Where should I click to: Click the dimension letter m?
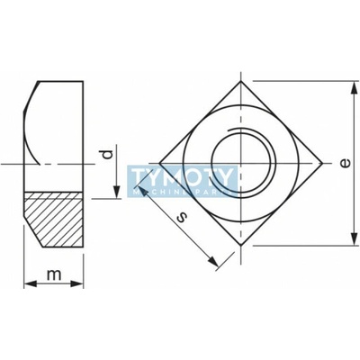pyautogui.click(x=54, y=274)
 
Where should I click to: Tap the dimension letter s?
pyautogui.click(x=181, y=217)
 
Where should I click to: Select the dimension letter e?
pyautogui.click(x=346, y=164)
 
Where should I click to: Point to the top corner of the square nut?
pyautogui.click(x=241, y=81)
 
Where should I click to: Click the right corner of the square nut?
pyautogui.click(x=323, y=164)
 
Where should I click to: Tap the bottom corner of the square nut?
pyautogui.click(x=241, y=246)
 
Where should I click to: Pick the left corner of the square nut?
pyautogui.click(x=159, y=164)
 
